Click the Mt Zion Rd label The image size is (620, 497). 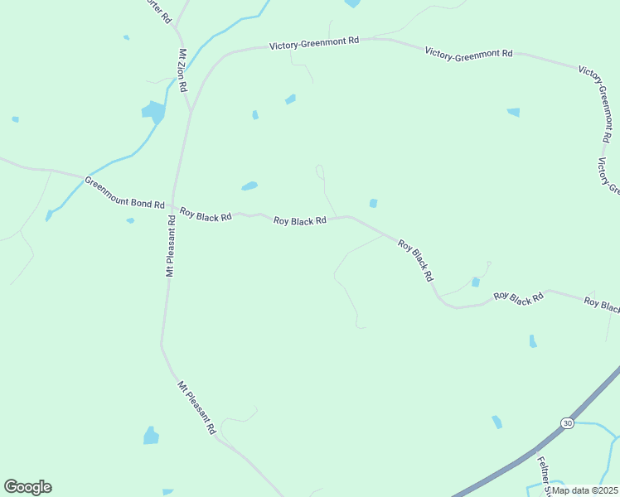[x=182, y=70]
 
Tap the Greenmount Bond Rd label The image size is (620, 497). [x=124, y=191]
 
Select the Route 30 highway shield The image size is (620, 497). [x=566, y=422]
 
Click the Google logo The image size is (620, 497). [x=27, y=487]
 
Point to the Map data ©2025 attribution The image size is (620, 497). [x=585, y=490]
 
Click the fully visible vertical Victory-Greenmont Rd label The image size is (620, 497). [x=599, y=104]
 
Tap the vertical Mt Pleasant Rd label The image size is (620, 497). [x=170, y=246]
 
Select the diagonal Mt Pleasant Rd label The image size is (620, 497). [x=197, y=408]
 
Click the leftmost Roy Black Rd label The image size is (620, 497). [x=206, y=215]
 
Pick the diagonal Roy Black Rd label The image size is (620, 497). [x=415, y=260]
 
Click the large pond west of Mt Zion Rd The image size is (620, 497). [x=153, y=111]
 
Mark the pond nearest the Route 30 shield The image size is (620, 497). [x=496, y=422]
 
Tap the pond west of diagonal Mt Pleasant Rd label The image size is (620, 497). [x=151, y=435]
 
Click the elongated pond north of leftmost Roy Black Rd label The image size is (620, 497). [x=249, y=186]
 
